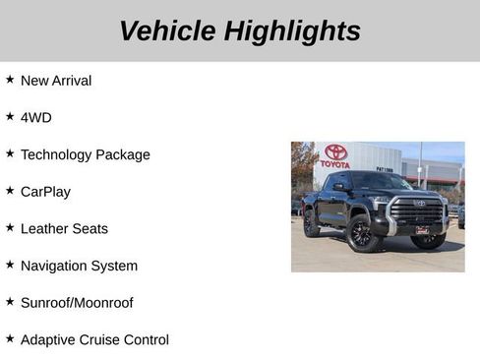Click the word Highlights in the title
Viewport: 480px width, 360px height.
[x=292, y=30]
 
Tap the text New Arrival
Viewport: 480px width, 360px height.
[x=55, y=81]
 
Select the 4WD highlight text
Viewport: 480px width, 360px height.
[x=35, y=117]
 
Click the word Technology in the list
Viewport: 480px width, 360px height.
[x=56, y=154]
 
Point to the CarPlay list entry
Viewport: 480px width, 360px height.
[x=45, y=192]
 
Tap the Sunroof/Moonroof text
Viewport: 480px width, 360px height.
[x=76, y=303]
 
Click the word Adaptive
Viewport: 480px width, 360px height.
[x=48, y=339]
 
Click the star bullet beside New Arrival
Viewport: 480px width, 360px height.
[x=10, y=79]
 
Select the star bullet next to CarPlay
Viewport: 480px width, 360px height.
[x=10, y=190]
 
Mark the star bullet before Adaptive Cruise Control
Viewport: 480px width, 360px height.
[x=10, y=337]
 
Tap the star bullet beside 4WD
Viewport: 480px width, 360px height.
[x=10, y=115]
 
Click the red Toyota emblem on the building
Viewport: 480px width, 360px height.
[x=335, y=152]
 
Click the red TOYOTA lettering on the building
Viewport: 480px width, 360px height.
[x=334, y=164]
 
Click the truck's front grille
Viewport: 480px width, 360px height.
[x=417, y=211]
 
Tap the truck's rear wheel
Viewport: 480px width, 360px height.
[x=312, y=225]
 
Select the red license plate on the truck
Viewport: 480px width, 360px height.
[x=421, y=230]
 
